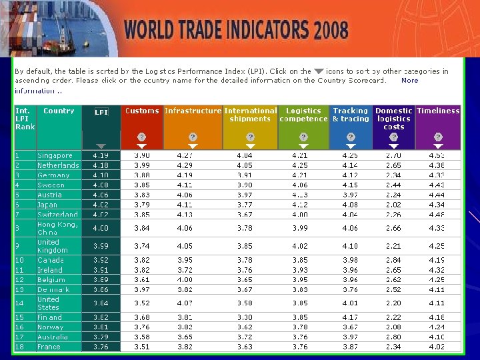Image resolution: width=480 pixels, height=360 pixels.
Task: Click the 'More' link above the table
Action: click(x=409, y=81)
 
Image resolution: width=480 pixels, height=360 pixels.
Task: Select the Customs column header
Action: click(x=142, y=111)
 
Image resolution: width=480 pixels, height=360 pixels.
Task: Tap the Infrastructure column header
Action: click(x=193, y=111)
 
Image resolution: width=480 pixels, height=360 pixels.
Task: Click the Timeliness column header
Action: click(x=438, y=111)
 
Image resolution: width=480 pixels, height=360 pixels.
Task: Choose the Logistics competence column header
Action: click(x=303, y=115)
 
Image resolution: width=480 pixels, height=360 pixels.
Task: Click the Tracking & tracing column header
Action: click(x=351, y=115)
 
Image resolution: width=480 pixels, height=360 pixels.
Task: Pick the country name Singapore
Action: click(x=55, y=155)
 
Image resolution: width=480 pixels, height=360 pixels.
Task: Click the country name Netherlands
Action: click(x=58, y=165)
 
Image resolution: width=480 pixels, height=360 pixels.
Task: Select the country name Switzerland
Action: click(x=57, y=215)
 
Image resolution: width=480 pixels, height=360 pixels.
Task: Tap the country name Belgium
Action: click(x=51, y=280)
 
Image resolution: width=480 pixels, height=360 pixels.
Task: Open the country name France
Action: click(x=49, y=347)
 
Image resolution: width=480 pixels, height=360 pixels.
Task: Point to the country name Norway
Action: click(x=51, y=327)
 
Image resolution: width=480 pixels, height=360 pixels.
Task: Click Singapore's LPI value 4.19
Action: click(x=101, y=155)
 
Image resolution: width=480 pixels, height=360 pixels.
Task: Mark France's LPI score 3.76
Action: click(x=101, y=347)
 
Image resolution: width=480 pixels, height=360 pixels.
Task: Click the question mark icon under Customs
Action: click(x=142, y=136)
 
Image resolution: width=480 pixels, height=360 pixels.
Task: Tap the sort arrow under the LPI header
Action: click(x=101, y=146)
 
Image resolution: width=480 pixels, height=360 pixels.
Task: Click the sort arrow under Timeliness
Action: click(x=438, y=146)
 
